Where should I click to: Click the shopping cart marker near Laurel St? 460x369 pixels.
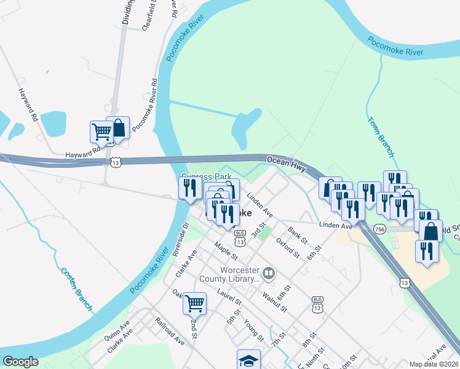point(194,303)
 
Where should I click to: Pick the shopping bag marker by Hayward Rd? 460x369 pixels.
point(118,128)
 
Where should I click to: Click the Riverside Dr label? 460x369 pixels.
point(179,241)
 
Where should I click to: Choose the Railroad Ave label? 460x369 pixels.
point(170,330)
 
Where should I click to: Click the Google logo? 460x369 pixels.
point(20,362)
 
